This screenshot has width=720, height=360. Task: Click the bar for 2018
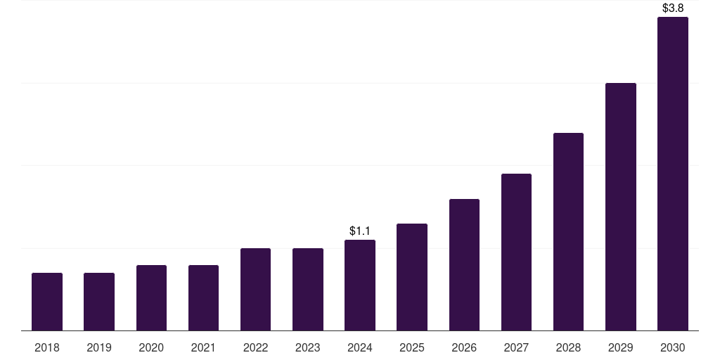pyautogui.click(x=47, y=302)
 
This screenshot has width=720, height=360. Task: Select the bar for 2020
pyautogui.click(x=151, y=297)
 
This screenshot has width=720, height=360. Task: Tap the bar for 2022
pyautogui.click(x=255, y=289)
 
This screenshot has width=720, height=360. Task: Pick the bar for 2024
pyautogui.click(x=360, y=285)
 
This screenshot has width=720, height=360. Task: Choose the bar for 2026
pyautogui.click(x=464, y=264)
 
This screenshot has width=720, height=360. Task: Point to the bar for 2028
pyautogui.click(x=568, y=231)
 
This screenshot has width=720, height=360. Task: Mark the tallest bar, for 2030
pyautogui.click(x=673, y=174)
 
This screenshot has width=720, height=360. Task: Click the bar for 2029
pyautogui.click(x=621, y=207)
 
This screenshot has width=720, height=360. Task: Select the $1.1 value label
pyautogui.click(x=360, y=231)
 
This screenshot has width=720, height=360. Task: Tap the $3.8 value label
pyautogui.click(x=673, y=8)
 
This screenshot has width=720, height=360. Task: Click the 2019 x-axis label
pyautogui.click(x=99, y=347)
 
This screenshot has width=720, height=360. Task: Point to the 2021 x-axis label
pyautogui.click(x=203, y=347)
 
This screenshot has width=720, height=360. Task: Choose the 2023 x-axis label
pyautogui.click(x=308, y=347)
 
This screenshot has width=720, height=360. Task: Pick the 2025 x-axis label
pyautogui.click(x=412, y=347)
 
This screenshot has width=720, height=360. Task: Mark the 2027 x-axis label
pyautogui.click(x=516, y=347)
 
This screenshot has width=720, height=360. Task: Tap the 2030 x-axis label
pyautogui.click(x=673, y=347)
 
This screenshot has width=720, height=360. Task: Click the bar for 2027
pyautogui.click(x=516, y=252)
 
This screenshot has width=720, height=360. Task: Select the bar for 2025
pyautogui.click(x=412, y=277)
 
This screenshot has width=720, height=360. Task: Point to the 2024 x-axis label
pyautogui.click(x=360, y=347)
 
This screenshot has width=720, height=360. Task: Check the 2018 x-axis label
pyautogui.click(x=47, y=347)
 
